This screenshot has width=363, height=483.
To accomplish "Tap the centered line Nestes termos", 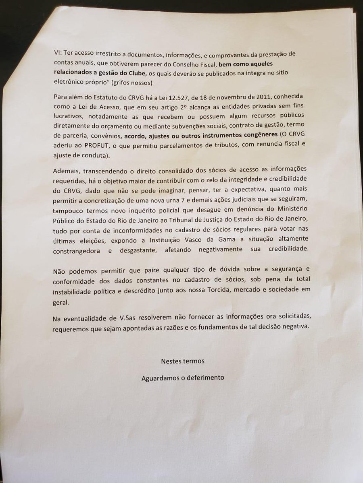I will [x=182, y=361].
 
